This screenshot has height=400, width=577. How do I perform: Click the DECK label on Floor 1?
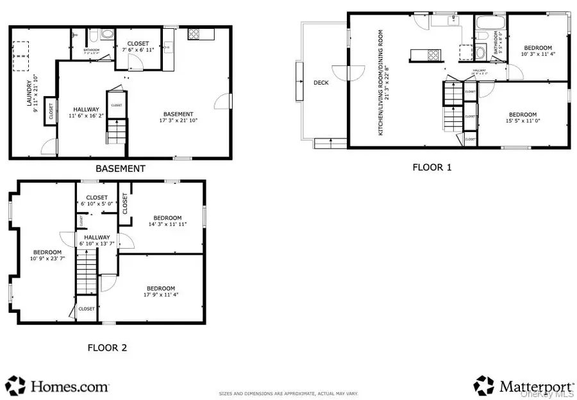321,83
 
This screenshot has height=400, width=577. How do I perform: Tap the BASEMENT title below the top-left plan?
121,169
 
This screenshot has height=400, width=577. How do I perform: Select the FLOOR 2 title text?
107,347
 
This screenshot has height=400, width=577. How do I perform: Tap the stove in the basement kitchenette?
196,34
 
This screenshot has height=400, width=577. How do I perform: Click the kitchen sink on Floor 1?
446,21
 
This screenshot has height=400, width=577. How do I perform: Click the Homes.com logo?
58,385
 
